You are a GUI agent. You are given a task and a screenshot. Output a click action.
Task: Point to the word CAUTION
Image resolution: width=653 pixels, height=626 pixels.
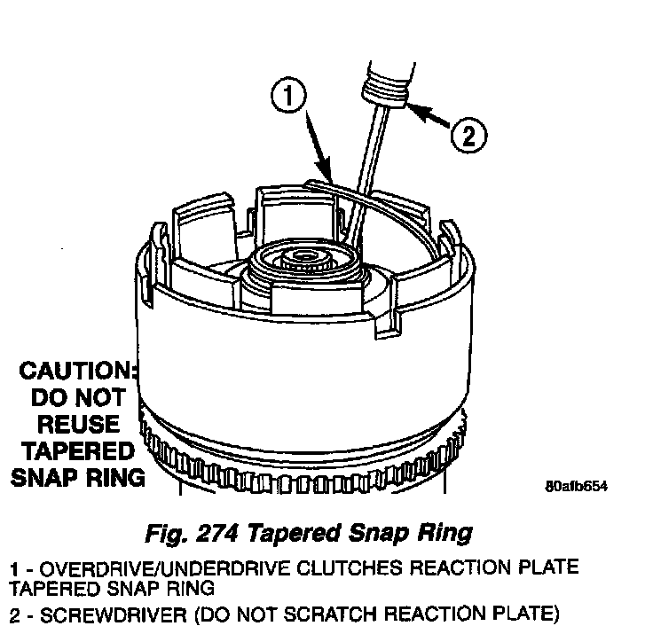pos(81,370)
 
